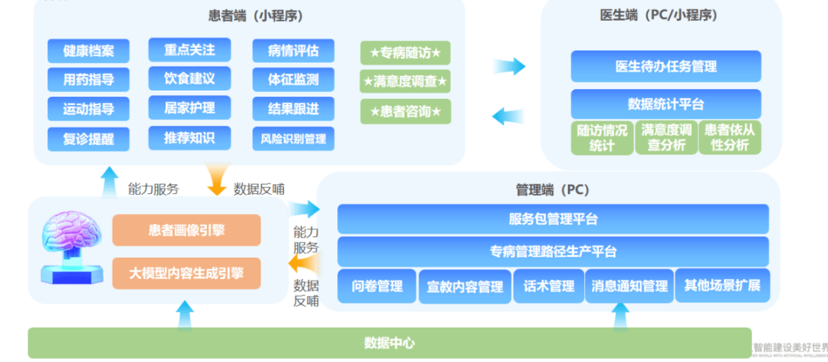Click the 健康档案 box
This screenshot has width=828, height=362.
(89, 51)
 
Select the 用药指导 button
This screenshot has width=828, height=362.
(89, 79)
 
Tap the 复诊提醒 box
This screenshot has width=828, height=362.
(89, 139)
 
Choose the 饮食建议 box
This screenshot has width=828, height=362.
(189, 78)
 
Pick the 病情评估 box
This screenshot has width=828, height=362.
(293, 51)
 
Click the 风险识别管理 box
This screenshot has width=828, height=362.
(293, 139)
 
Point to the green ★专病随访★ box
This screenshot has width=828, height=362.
(406, 53)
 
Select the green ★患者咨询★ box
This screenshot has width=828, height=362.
(406, 112)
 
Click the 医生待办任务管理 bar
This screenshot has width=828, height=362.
(665, 67)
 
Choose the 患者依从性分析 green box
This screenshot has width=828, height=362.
(730, 137)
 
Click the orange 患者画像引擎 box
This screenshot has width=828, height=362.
(186, 230)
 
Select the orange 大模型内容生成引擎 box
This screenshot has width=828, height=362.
(186, 273)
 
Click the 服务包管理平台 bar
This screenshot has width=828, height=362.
(553, 219)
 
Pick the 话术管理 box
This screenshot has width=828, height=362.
(549, 287)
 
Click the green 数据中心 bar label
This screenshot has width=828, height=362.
(389, 343)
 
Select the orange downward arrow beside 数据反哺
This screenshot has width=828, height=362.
(218, 183)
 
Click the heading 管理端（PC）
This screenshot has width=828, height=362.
(553, 189)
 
